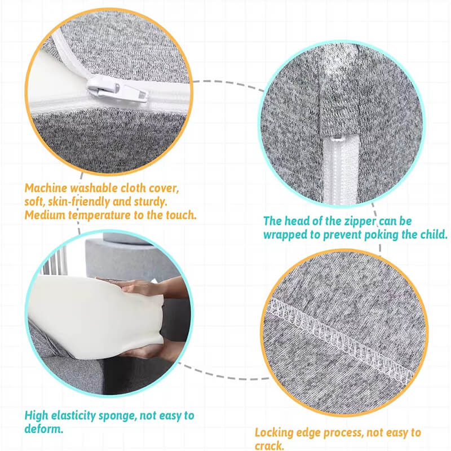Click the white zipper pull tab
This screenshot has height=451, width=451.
117,89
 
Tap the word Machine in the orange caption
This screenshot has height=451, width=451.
46,188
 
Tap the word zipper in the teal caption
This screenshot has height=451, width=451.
360,222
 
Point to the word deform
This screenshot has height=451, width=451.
43,429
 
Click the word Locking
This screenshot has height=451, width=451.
274,433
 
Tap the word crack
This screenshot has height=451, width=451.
269,446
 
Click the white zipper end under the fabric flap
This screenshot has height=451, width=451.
341,170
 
